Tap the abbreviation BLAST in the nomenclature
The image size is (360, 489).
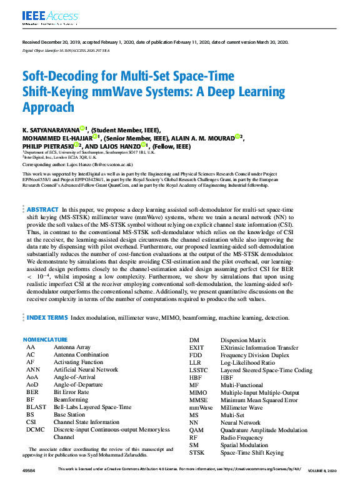coord(35,407)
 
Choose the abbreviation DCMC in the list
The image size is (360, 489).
coord(35,430)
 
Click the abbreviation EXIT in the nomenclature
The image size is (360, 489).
coord(197,347)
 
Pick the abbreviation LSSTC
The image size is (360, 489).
coord(199,370)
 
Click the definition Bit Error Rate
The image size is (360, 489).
coord(71,392)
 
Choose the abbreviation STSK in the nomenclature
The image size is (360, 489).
coord(197,452)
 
